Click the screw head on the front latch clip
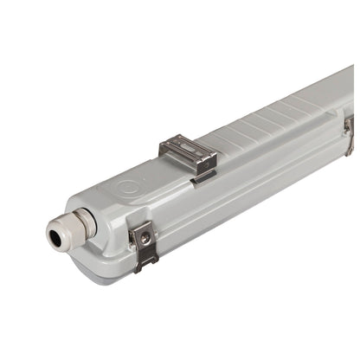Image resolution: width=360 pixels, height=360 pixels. point(145,236)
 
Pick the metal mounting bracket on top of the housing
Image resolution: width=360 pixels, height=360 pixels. point(187,155)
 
